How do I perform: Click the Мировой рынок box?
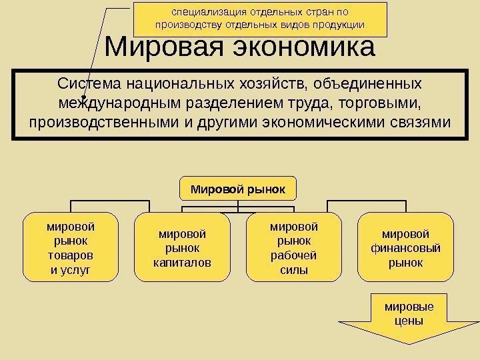pyautogui.click(x=238, y=189)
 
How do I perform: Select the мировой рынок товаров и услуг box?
pyautogui.click(x=69, y=245)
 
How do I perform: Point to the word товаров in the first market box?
pyautogui.click(x=69, y=255)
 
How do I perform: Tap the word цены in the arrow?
pyautogui.click(x=409, y=320)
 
